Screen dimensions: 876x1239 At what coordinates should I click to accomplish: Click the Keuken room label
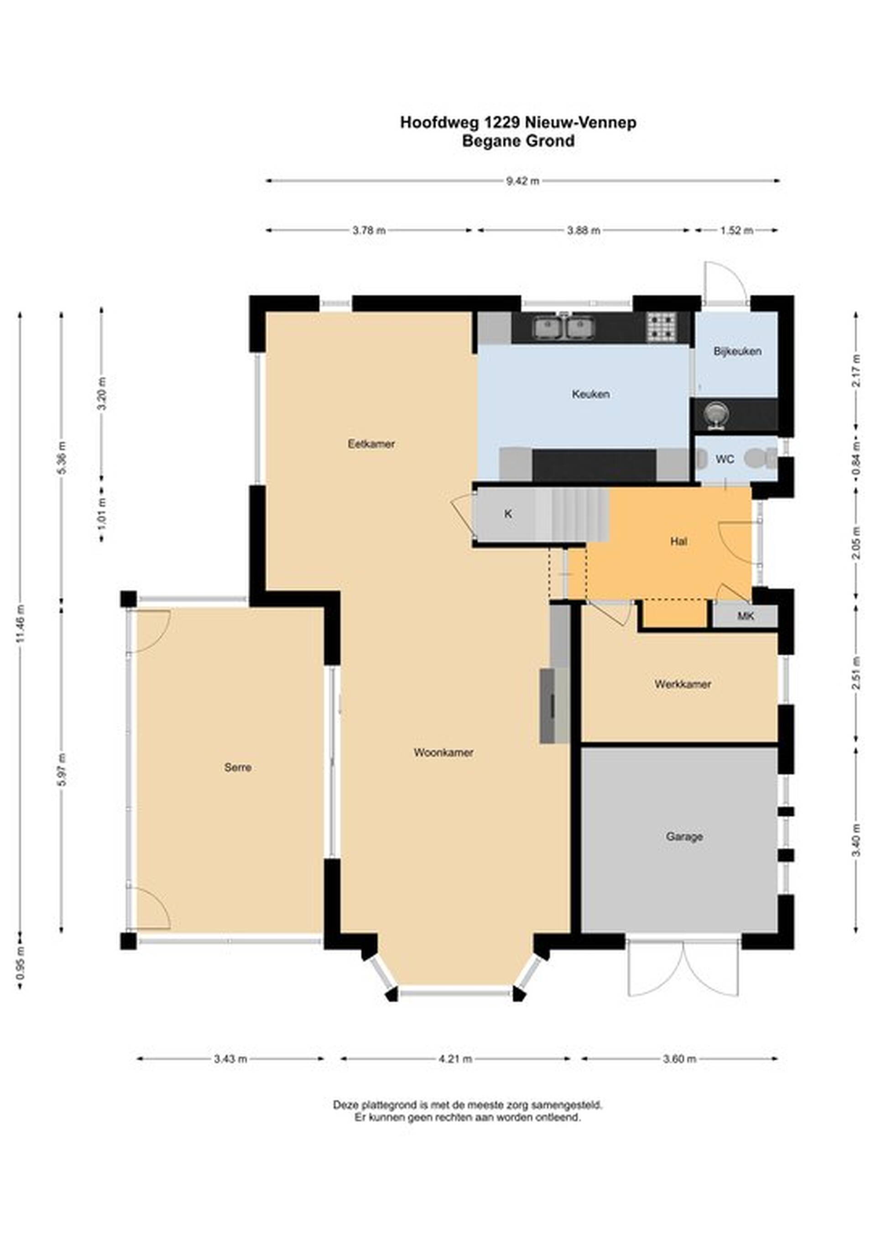(x=591, y=394)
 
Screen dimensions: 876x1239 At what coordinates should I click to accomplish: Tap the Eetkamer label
(x=371, y=444)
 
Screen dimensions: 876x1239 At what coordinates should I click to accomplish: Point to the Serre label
(x=238, y=768)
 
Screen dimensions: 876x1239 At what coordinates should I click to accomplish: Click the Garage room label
(x=684, y=836)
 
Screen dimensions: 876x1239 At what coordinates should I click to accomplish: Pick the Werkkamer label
(x=683, y=684)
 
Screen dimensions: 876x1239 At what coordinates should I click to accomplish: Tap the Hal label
(x=678, y=541)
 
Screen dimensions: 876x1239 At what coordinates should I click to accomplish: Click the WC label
(x=725, y=459)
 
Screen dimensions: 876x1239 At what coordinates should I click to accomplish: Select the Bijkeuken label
(x=737, y=351)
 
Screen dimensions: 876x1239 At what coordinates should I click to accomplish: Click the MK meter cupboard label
(x=746, y=616)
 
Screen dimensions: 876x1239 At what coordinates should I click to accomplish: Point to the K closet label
(x=508, y=514)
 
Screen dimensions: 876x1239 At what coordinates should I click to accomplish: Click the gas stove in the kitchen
(x=662, y=328)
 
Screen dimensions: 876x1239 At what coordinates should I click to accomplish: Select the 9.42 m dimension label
(x=522, y=181)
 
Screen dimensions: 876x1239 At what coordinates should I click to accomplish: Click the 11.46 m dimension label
(x=21, y=623)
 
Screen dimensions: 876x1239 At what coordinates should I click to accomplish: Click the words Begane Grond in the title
(x=518, y=141)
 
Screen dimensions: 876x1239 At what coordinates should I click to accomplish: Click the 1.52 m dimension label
(x=737, y=231)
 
